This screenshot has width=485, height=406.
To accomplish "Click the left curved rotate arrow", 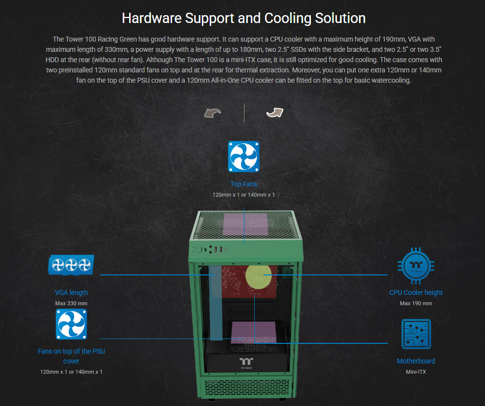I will (213, 113).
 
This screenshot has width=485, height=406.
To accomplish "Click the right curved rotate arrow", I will (275, 113).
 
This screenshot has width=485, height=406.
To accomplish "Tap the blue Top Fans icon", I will (243, 157).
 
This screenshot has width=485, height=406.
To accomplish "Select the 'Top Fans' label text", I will (243, 184).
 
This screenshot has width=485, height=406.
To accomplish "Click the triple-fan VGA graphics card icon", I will (71, 265).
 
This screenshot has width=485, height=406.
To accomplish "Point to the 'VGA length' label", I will (71, 293).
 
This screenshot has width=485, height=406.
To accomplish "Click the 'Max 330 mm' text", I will (71, 303).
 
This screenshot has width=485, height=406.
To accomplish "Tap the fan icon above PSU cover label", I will (71, 324).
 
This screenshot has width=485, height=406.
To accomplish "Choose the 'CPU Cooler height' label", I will (416, 293).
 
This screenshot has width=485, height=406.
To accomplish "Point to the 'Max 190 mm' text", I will (416, 303).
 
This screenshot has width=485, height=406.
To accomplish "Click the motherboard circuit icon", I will (416, 334).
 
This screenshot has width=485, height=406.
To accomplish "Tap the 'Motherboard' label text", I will (416, 361).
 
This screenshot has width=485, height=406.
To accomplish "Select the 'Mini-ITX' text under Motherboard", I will (416, 372).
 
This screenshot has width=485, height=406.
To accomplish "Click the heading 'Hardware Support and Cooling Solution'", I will (243, 18).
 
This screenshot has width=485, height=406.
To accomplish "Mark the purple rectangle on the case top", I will (244, 224).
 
